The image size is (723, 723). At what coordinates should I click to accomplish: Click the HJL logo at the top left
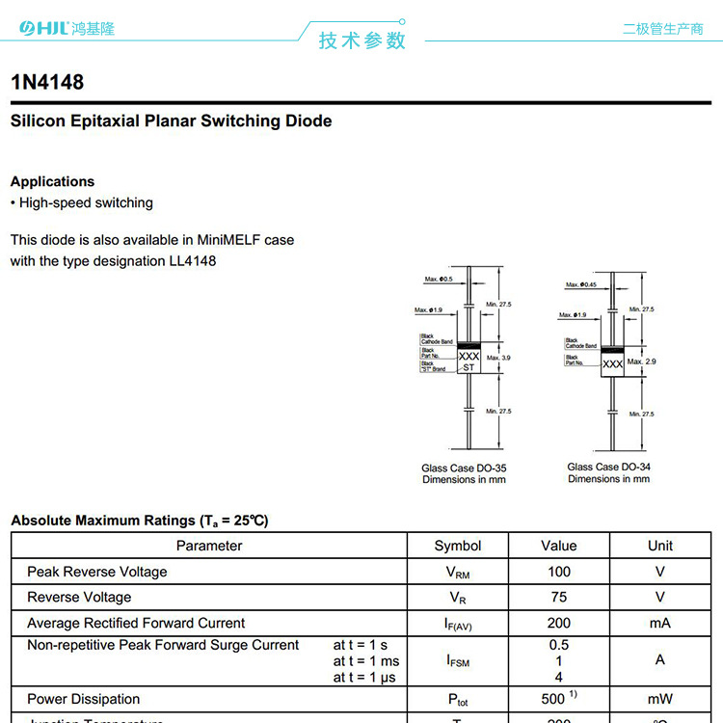[43, 29]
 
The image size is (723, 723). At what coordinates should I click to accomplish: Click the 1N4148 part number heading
[47, 83]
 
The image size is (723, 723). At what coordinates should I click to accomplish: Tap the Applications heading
[52, 181]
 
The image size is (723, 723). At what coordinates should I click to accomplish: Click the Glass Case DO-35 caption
[464, 469]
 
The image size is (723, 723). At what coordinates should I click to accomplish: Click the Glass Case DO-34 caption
[608, 468]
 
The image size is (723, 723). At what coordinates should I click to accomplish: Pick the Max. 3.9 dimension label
[498, 358]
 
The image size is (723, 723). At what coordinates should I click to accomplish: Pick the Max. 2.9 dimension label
[641, 361]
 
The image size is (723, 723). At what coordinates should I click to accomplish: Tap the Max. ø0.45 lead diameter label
[581, 284]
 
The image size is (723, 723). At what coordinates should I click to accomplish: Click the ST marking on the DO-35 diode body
[469, 367]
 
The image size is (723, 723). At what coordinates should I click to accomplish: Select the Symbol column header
[457, 546]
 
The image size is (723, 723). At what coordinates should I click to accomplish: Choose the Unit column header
[659, 546]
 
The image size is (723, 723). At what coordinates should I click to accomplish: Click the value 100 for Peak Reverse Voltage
[558, 572]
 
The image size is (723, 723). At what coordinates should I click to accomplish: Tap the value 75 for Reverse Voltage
[558, 597]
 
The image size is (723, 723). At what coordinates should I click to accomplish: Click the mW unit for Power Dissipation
[659, 699]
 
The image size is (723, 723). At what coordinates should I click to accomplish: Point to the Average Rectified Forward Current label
[136, 623]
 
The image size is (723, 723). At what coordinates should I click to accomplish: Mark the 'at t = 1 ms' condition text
[365, 661]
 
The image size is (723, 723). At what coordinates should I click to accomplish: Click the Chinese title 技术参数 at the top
[362, 40]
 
